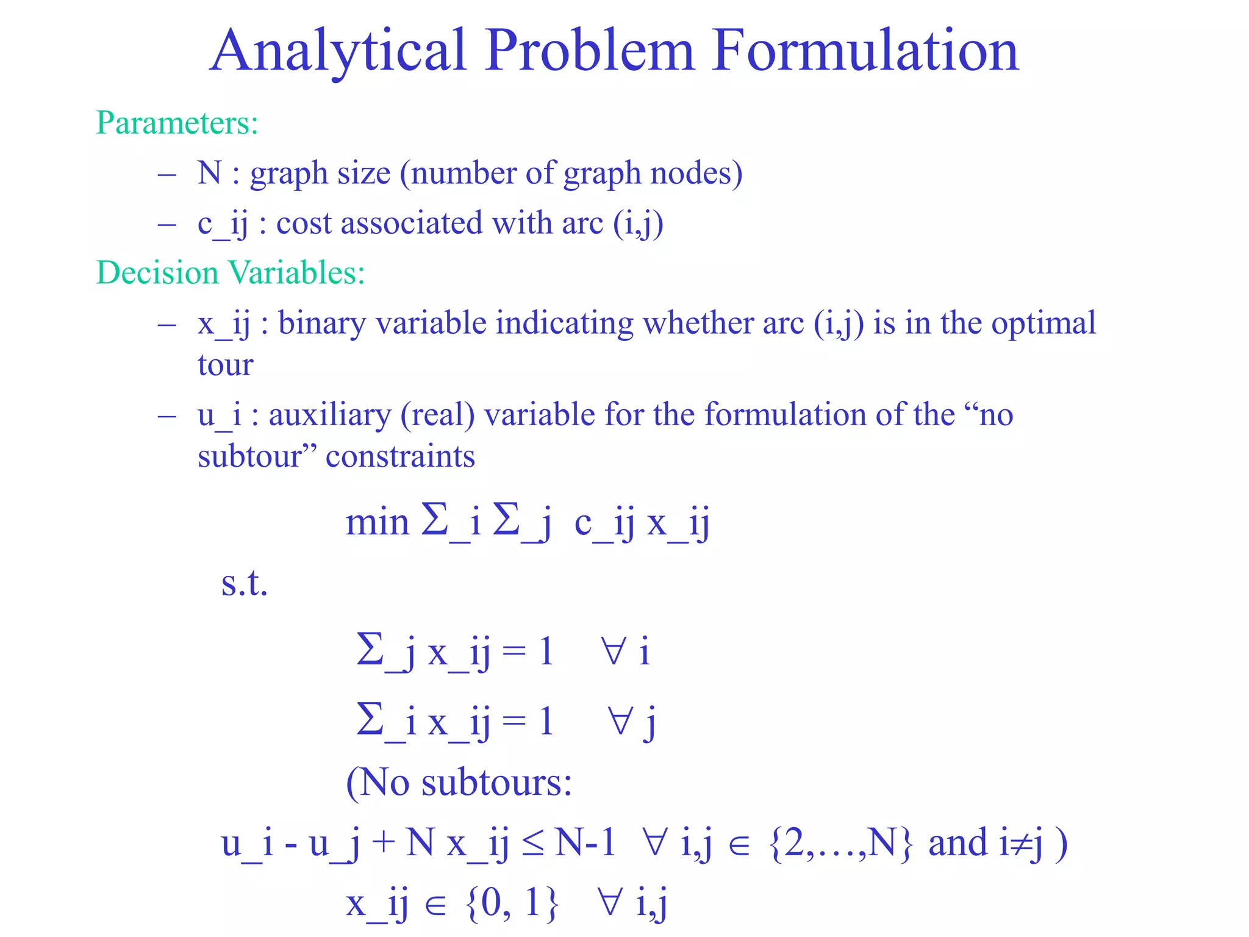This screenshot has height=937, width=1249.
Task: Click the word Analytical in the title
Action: (x=338, y=51)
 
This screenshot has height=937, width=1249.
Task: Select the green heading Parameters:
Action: (x=177, y=123)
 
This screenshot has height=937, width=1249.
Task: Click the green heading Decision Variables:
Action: (x=231, y=273)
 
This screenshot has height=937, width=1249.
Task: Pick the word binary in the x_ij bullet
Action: (x=322, y=323)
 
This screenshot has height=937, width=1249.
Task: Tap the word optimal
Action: (x=1043, y=323)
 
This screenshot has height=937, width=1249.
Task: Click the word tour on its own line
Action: (x=225, y=365)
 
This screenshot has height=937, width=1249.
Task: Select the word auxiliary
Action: (x=329, y=415)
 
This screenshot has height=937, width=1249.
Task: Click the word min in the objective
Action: (x=377, y=523)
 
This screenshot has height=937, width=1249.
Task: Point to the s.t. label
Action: (x=244, y=583)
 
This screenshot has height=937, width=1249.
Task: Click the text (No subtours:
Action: (x=459, y=782)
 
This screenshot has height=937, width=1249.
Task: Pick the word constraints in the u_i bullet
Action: (x=400, y=456)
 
